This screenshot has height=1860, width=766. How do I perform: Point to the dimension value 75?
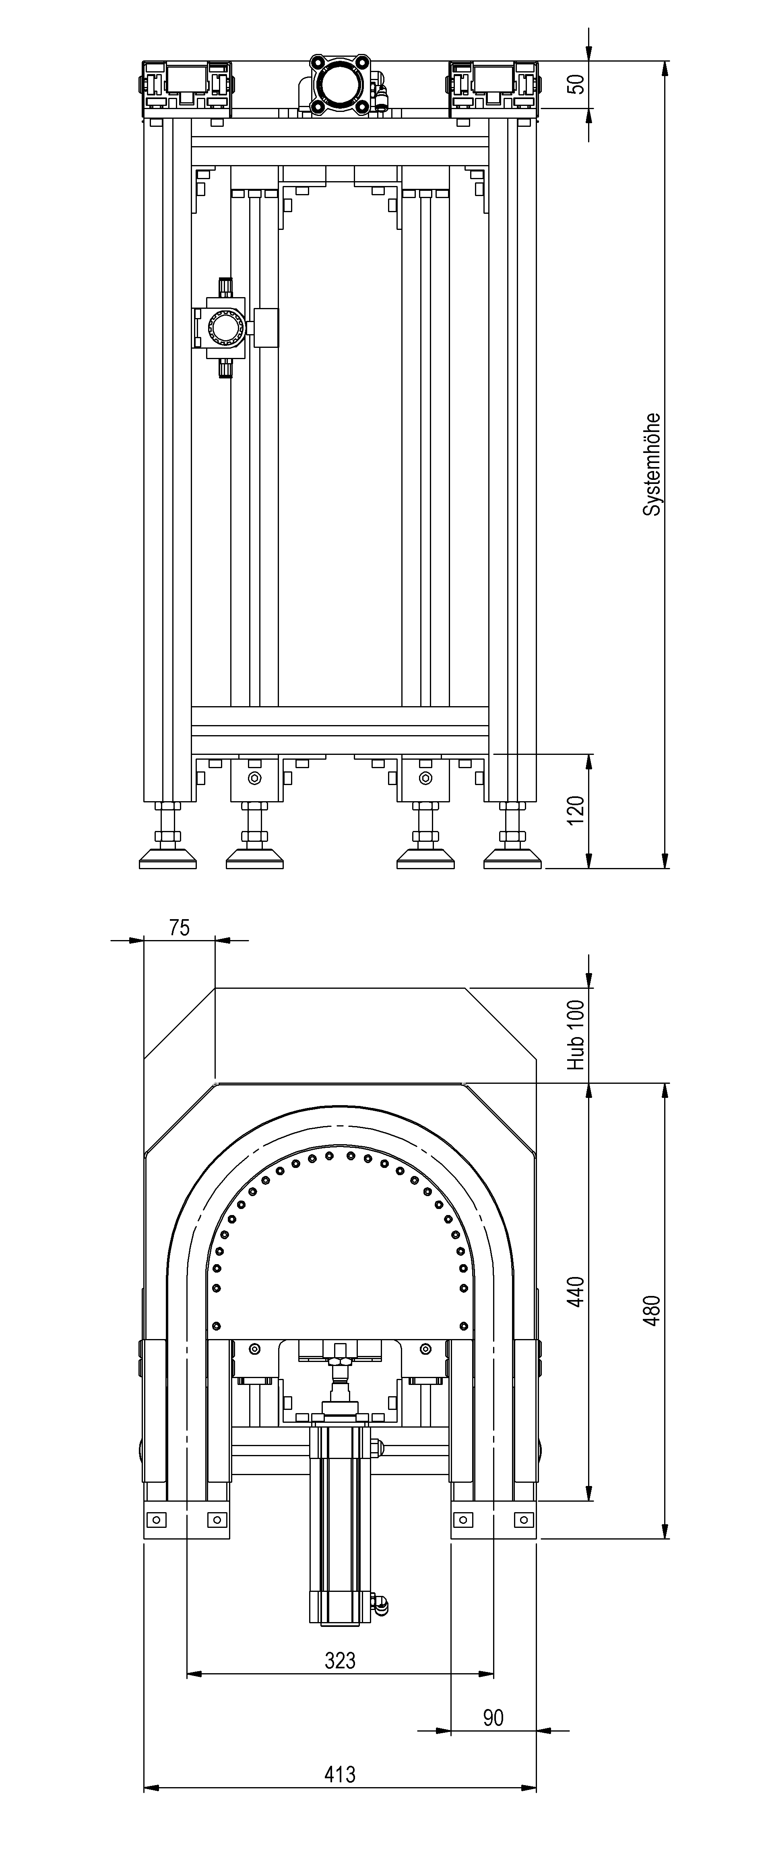180,928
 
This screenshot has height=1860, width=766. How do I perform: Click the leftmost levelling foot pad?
167,859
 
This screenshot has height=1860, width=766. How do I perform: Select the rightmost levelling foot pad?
512,859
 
